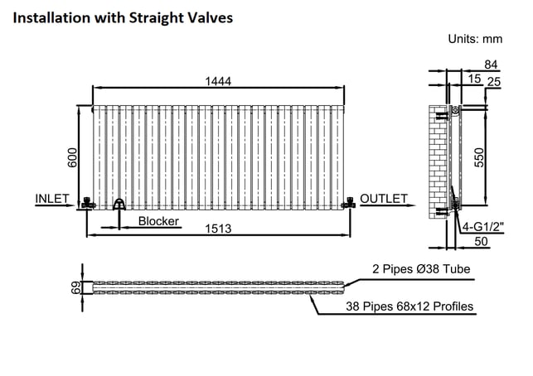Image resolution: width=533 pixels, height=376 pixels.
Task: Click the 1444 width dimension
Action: (x=218, y=81)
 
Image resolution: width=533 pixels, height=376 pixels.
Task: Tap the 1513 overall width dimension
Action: (x=218, y=229)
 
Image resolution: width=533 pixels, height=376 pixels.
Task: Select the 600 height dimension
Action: (x=72, y=157)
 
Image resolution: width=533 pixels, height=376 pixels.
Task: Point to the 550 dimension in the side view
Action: (x=478, y=157)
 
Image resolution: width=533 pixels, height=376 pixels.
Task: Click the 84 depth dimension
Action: (x=491, y=65)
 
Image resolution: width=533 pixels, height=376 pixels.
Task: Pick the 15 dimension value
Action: (x=474, y=79)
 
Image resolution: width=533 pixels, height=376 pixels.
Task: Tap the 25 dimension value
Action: (x=494, y=82)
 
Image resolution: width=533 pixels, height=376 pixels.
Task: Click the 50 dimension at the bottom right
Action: (x=481, y=242)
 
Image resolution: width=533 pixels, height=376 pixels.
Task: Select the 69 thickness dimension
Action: (x=76, y=287)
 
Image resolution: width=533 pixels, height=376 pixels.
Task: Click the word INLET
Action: (x=52, y=199)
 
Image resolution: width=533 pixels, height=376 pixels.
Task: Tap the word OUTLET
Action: (x=384, y=199)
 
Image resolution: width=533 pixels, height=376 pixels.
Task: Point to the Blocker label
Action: (x=158, y=221)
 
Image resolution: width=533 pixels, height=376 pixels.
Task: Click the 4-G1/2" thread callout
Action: (x=483, y=227)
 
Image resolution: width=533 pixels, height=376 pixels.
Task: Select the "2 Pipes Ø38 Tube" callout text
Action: (x=421, y=269)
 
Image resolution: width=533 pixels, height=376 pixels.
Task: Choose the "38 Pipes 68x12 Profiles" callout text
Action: (x=409, y=306)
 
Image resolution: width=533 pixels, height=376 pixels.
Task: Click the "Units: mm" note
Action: (x=475, y=39)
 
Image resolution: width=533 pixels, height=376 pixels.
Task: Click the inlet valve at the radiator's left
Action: (x=89, y=203)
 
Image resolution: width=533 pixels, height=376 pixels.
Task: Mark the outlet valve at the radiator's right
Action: (x=349, y=203)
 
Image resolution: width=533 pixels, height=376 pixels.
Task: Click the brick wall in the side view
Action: (x=438, y=162)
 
